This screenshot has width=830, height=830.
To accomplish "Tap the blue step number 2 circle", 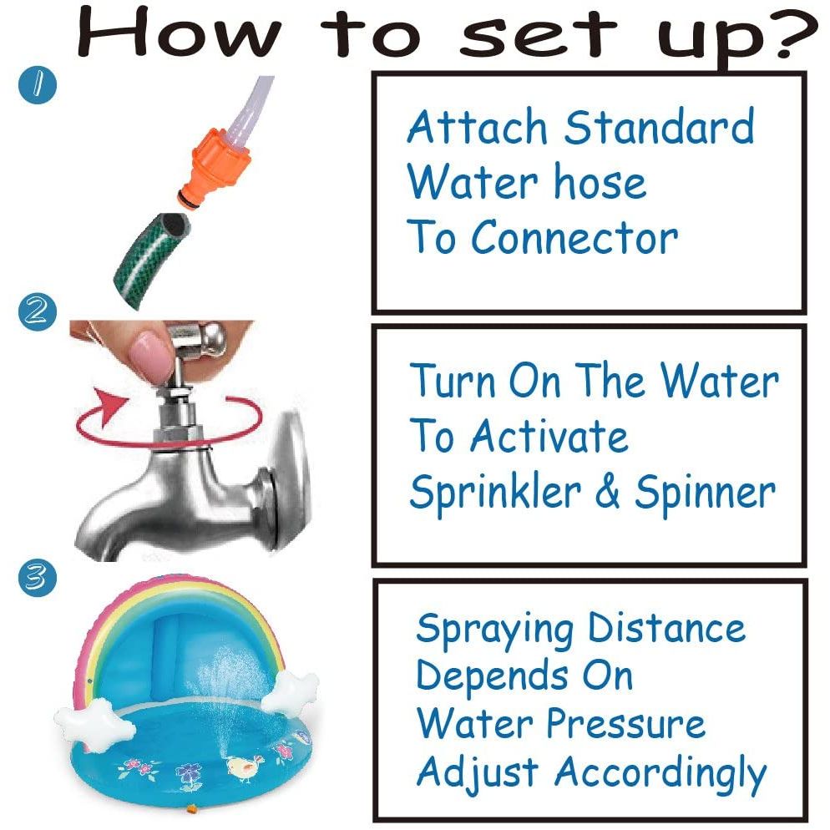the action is coord(37,311).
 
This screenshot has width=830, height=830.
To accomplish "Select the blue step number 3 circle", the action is coord(37,578).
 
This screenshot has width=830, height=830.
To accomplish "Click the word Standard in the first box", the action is coord(659,127).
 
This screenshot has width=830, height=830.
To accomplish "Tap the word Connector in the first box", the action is coord(574,238).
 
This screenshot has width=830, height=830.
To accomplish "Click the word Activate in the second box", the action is coord(549,437).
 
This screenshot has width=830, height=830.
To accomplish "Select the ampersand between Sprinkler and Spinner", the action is coord(607,492).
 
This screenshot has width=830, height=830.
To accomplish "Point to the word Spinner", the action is coord(705,493).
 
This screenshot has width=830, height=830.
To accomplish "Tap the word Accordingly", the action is coord(660,774).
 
